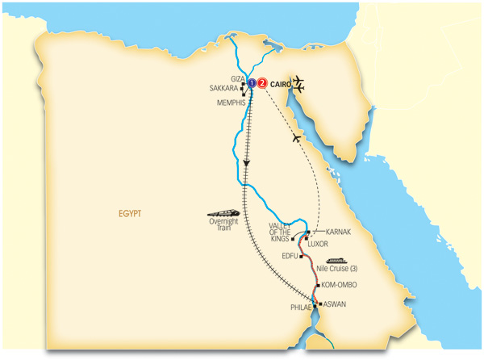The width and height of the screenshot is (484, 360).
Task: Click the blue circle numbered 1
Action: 252,82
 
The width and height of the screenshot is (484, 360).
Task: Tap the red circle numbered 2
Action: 262,82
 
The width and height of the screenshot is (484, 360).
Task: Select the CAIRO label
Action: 282,82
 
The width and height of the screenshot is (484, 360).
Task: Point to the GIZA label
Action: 237,78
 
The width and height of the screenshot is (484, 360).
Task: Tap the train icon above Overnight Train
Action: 224,207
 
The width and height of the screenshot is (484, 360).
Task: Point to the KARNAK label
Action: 338,232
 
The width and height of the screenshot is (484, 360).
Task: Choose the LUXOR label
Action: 320,243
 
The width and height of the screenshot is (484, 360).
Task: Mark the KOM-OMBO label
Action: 339,285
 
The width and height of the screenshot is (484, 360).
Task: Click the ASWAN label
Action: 336,303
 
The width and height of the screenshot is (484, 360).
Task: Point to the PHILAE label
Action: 301,308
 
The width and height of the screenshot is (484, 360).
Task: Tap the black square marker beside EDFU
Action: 301,257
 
